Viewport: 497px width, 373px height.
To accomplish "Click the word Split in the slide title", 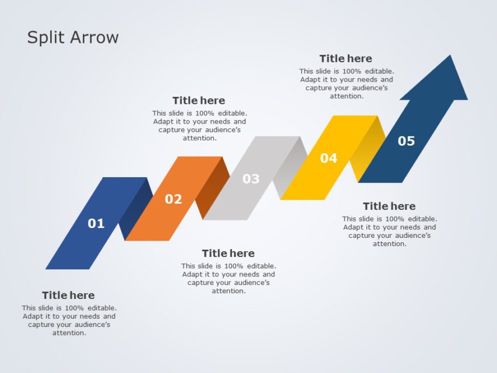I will tap(47, 38).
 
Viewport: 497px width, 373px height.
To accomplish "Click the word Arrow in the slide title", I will tap(94, 37).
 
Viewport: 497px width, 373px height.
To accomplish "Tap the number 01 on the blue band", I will tap(96, 223).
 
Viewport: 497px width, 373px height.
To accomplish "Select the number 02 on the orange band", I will tap(173, 199).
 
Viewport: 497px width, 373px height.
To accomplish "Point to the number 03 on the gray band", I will tap(251, 179).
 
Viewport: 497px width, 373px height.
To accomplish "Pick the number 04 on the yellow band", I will tap(329, 158).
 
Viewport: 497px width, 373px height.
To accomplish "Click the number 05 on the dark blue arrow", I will tap(406, 141).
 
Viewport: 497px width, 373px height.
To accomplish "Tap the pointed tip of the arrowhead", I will tap(450, 57).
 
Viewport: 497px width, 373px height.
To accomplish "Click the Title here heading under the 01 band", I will tap(68, 295).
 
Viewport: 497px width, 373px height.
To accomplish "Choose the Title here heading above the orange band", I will tap(199, 101).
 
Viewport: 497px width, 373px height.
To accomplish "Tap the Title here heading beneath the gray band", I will tap(228, 254).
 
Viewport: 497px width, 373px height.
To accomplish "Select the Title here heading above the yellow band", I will tap(346, 59).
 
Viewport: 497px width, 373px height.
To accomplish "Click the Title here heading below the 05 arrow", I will tap(389, 206).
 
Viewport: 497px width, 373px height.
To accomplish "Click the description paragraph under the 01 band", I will tap(69, 321).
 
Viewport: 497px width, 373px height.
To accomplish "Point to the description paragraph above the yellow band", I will tap(346, 83).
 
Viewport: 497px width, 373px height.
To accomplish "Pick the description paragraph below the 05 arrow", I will tap(389, 231).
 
